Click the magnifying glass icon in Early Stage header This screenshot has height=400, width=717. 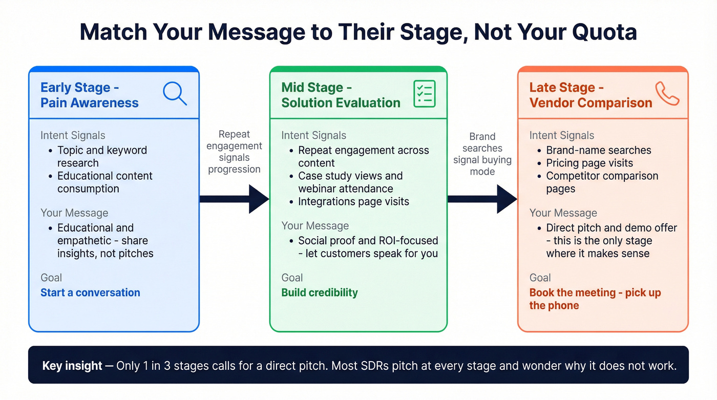(x=174, y=93)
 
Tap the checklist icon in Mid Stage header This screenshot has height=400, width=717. (x=424, y=94)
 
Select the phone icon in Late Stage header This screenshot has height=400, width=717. (x=667, y=94)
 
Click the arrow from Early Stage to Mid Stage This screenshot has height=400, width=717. (x=234, y=199)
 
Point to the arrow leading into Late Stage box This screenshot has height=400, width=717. (x=482, y=199)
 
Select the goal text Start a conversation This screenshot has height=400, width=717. (x=90, y=292)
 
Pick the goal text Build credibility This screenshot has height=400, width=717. (x=320, y=292)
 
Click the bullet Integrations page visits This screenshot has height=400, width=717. (x=353, y=201)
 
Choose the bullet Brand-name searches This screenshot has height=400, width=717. (x=598, y=150)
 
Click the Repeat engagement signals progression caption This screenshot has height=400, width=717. (x=234, y=152)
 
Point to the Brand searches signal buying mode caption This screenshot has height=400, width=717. (x=482, y=154)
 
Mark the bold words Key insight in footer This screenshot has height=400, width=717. (x=72, y=366)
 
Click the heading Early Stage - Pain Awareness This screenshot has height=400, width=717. (x=90, y=95)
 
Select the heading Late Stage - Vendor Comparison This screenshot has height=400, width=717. (x=590, y=95)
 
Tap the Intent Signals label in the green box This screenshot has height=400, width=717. (x=313, y=135)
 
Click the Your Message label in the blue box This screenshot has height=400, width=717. (x=74, y=213)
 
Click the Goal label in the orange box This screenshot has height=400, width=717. (x=540, y=278)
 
